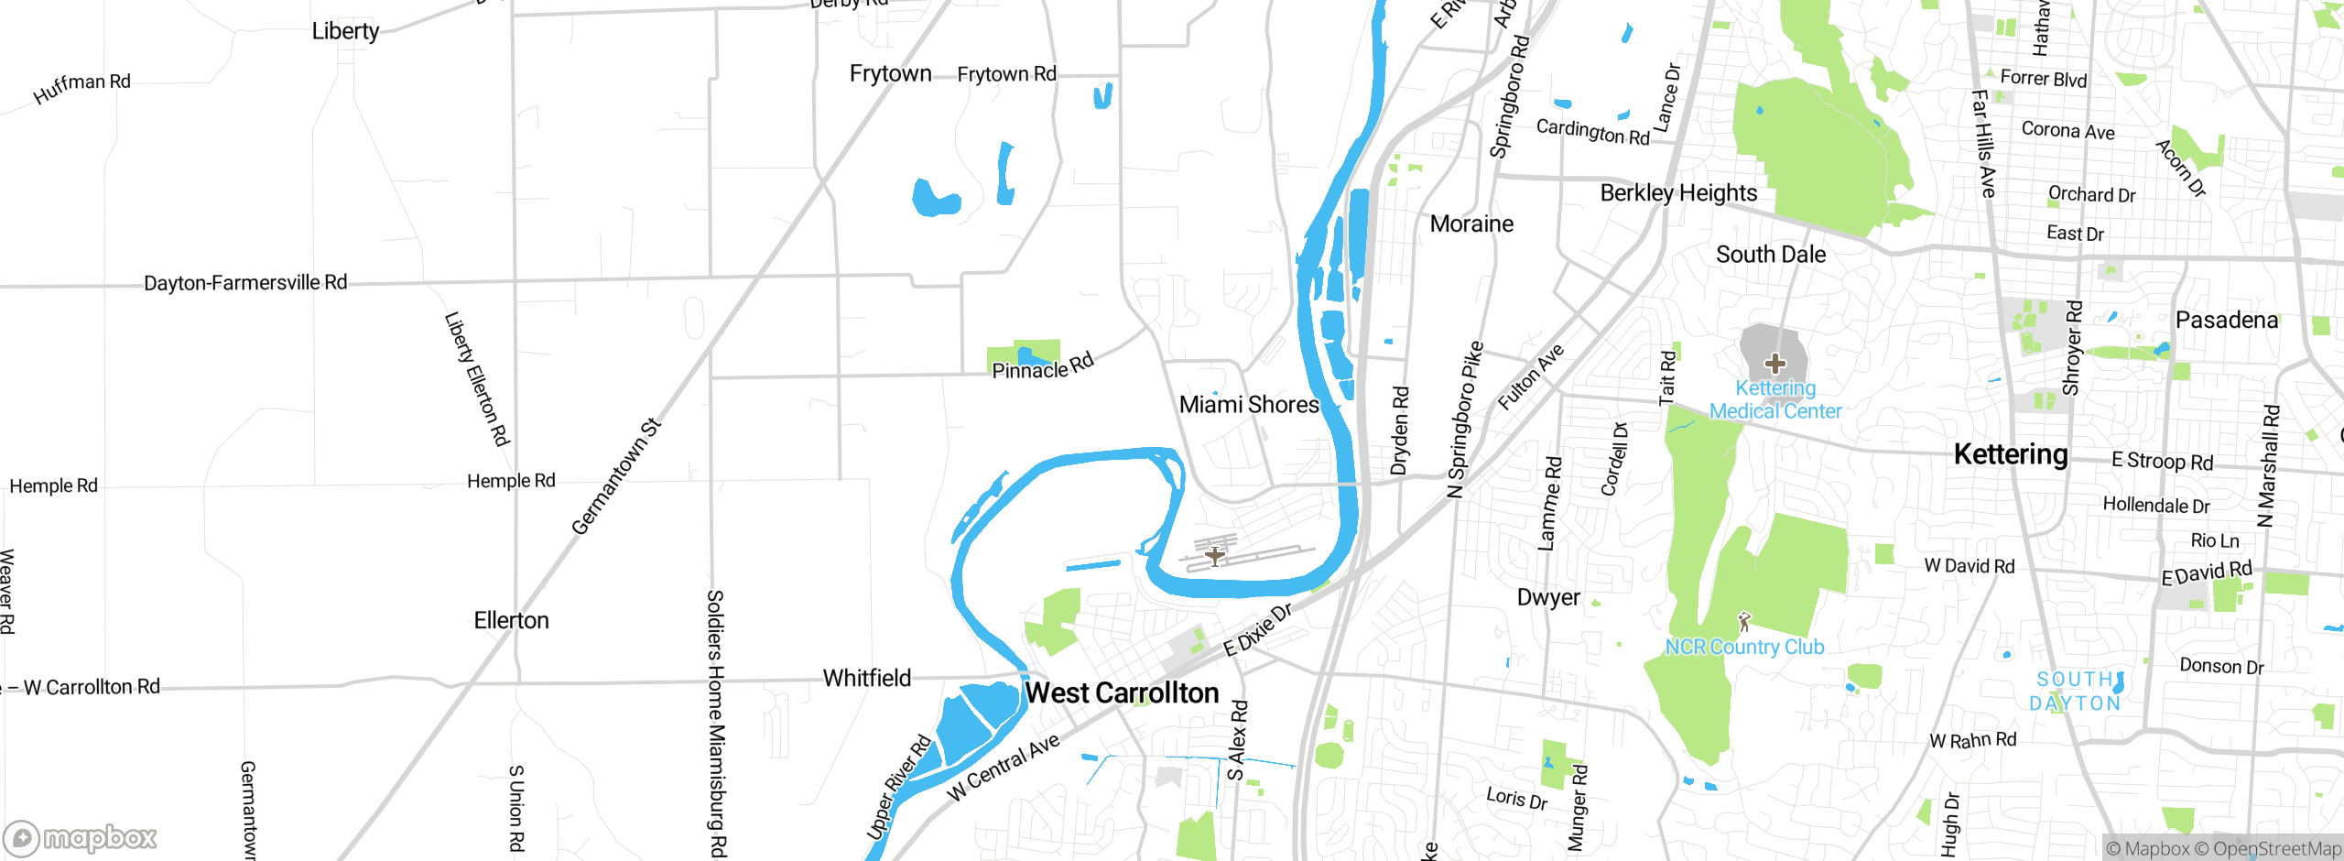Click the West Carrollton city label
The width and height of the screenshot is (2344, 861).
coord(1122,693)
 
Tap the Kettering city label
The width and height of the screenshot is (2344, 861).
coord(2011,454)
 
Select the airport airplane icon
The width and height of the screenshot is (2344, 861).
coord(1214,555)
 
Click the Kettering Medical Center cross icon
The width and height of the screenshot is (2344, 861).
coord(1774,364)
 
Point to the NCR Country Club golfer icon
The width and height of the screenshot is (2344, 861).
coord(1743,622)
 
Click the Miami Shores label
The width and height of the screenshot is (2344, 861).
coord(1249,405)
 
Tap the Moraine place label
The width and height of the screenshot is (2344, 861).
coord(1471,224)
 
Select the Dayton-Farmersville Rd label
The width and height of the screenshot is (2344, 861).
coord(245,283)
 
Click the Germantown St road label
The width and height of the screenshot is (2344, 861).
coord(615,477)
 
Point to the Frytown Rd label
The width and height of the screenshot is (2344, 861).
coord(1006,74)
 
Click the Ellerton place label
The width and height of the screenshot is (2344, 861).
coord(511,621)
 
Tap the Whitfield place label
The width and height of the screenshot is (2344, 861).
coord(866,679)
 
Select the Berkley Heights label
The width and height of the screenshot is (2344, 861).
coord(1678,193)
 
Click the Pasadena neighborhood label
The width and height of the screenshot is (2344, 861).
coord(2226,321)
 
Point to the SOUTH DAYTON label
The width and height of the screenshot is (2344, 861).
coord(2075,692)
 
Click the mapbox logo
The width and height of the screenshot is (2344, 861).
coord(81,838)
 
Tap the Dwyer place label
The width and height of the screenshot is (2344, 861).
coord(1548,598)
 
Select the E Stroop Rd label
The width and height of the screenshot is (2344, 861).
coord(2162,461)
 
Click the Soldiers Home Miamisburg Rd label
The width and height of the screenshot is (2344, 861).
coord(716,724)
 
